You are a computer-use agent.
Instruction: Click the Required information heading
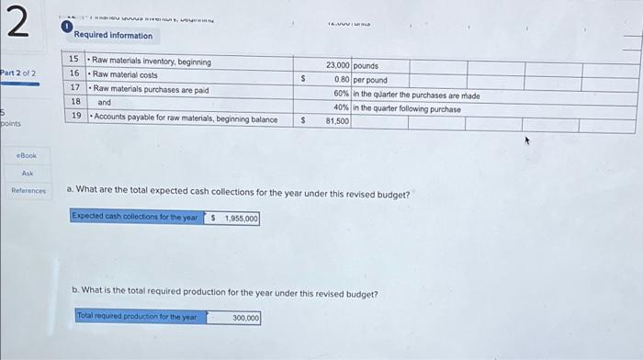[x=113, y=36]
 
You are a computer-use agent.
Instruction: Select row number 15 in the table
[x=74, y=61]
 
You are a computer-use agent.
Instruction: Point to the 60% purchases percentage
[x=341, y=95]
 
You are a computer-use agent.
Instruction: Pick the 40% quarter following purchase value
[x=341, y=108]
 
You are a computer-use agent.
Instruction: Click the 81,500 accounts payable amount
[x=337, y=120]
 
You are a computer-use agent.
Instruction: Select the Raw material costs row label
[x=126, y=75]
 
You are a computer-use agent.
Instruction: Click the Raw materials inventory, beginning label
[x=152, y=62]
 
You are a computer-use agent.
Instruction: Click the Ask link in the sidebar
[x=28, y=174]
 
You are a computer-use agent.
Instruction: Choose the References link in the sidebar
[x=28, y=191]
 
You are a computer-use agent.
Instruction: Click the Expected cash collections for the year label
[x=135, y=217]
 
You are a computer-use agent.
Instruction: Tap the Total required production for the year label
[x=138, y=317]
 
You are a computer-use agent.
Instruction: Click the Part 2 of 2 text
[x=18, y=73]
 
